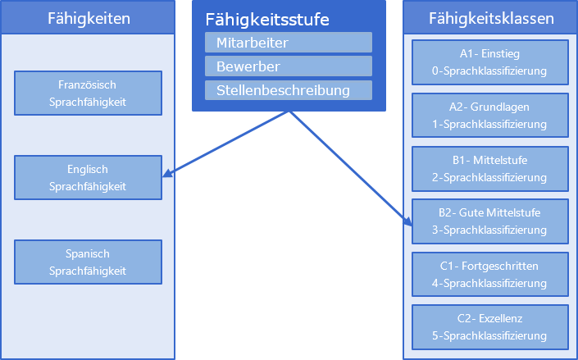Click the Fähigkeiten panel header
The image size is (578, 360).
click(x=89, y=17)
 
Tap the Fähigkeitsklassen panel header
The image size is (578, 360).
click(x=490, y=17)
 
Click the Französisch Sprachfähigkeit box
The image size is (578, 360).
click(x=88, y=93)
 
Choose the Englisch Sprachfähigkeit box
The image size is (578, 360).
click(x=88, y=177)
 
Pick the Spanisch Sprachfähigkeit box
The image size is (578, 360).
click(x=88, y=262)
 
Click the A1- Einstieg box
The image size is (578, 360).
click(x=489, y=62)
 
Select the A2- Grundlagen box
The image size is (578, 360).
click(x=489, y=115)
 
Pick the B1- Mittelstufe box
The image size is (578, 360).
click(x=489, y=168)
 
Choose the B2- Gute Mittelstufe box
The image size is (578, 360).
click(x=489, y=221)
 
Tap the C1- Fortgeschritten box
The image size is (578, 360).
click(x=489, y=275)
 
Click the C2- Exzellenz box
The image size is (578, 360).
click(x=489, y=327)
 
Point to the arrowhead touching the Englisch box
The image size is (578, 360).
click(x=166, y=174)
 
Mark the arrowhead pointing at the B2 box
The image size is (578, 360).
click(x=407, y=220)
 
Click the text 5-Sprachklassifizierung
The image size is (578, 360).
click(x=489, y=336)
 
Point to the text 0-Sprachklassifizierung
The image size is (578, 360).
click(x=489, y=71)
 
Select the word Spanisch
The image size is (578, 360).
click(x=88, y=253)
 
